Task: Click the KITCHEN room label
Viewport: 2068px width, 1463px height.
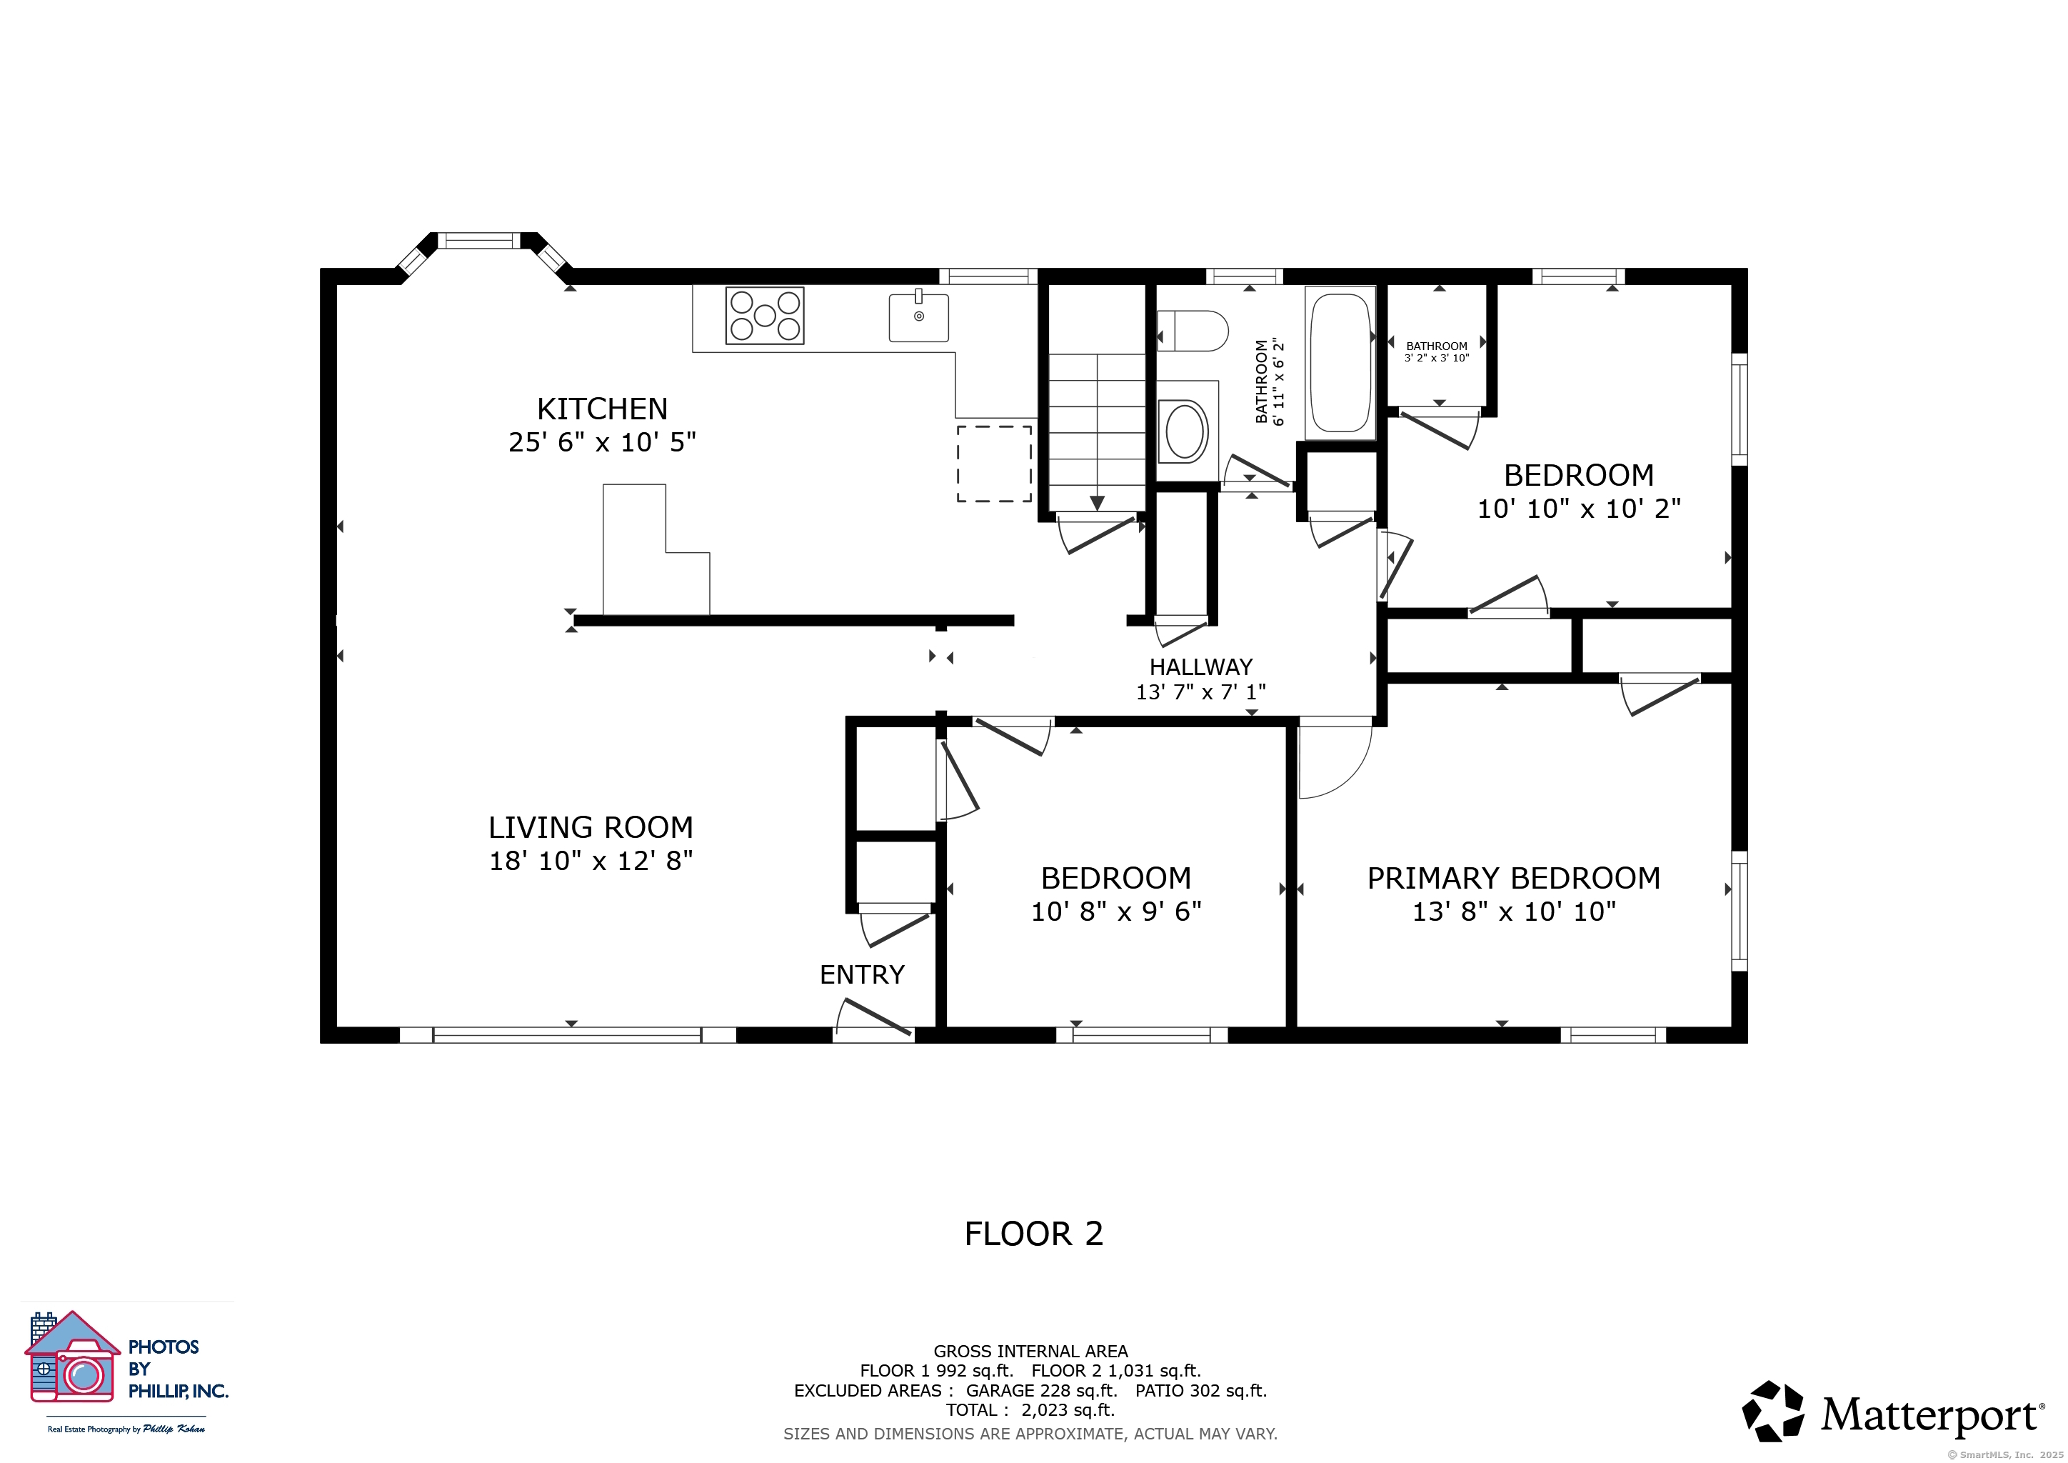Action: coord(603,409)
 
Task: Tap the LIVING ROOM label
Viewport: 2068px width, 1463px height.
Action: coord(591,827)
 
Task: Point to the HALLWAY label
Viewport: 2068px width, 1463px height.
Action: coord(1200,666)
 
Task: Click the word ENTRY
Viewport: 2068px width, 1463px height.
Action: coord(862,974)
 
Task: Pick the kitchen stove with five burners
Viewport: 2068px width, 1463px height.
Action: coord(765,315)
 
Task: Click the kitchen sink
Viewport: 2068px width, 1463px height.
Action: coord(919,316)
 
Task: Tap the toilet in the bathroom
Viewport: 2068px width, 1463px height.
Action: coord(1193,331)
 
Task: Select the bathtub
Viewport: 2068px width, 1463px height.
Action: coord(1341,363)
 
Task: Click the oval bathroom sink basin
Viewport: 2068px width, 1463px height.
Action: coord(1187,432)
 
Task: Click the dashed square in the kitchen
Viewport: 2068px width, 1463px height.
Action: coord(993,463)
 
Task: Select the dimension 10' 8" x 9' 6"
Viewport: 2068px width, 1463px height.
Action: coord(1116,912)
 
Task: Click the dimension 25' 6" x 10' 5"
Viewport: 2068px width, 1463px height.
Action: coord(603,442)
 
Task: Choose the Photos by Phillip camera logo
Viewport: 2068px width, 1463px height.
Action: coord(73,1357)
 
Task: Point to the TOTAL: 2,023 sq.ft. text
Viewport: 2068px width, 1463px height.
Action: coord(1030,1410)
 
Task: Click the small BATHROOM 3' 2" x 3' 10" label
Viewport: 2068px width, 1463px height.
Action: coord(1437,351)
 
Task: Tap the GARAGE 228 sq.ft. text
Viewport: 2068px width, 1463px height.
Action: coord(1041,1390)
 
